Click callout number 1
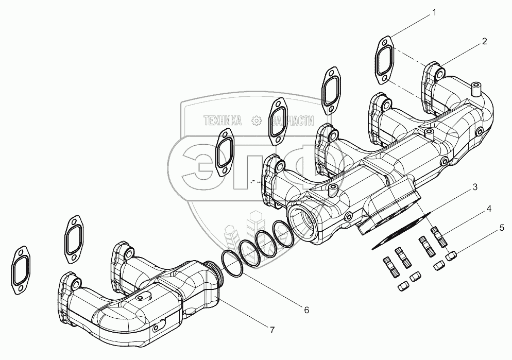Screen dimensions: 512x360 click(x=434, y=12)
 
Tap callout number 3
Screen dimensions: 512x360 click(x=475, y=186)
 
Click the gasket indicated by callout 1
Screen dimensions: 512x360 click(x=384, y=61)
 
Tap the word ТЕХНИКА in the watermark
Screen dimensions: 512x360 click(x=223, y=121)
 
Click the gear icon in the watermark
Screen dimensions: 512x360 click(x=255, y=121)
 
